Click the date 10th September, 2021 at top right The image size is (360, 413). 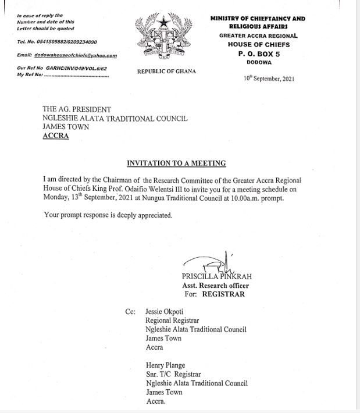click(269, 79)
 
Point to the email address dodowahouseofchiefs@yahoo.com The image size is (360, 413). click(67, 56)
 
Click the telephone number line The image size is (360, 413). click(57, 42)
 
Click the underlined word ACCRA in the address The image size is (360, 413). click(56, 136)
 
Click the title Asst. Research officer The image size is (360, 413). click(215, 286)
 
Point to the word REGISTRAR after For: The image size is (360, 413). click(223, 294)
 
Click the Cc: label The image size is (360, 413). click(130, 312)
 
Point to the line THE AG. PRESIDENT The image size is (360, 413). click(77, 109)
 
